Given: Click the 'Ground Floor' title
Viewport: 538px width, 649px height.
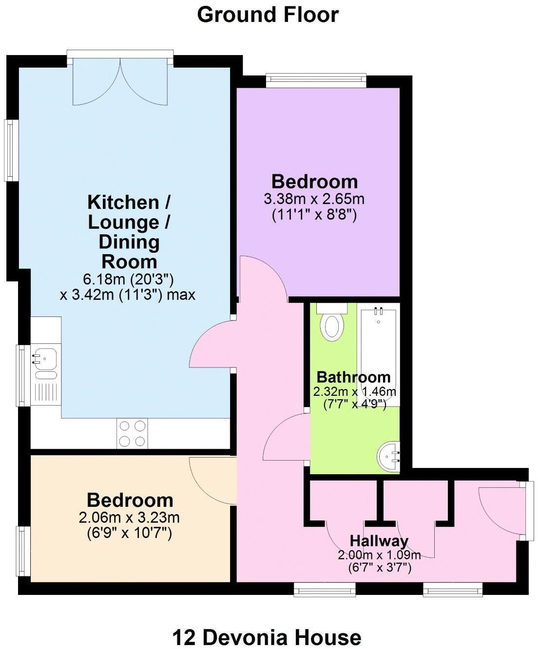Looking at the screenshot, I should pos(268,15).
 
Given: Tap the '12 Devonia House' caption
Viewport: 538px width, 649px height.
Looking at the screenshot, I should pos(267,637).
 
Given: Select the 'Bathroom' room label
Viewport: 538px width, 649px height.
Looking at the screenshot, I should pos(353,377).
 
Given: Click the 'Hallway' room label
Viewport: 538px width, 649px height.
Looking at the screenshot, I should pos(379,541).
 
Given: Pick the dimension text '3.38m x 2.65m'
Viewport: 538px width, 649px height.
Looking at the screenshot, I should pos(314,199).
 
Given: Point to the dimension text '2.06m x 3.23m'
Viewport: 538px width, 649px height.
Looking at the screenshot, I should pos(129,517).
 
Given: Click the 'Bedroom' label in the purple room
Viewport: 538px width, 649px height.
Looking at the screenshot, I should pos(314,182).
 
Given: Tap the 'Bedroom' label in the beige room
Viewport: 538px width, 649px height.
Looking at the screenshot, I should pos(130,500).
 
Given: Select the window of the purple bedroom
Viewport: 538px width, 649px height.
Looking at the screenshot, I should pos(316,80).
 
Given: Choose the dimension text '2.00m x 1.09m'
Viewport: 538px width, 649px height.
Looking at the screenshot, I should pos(379,555).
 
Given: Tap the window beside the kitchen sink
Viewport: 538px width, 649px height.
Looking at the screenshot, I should pos(23,375).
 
